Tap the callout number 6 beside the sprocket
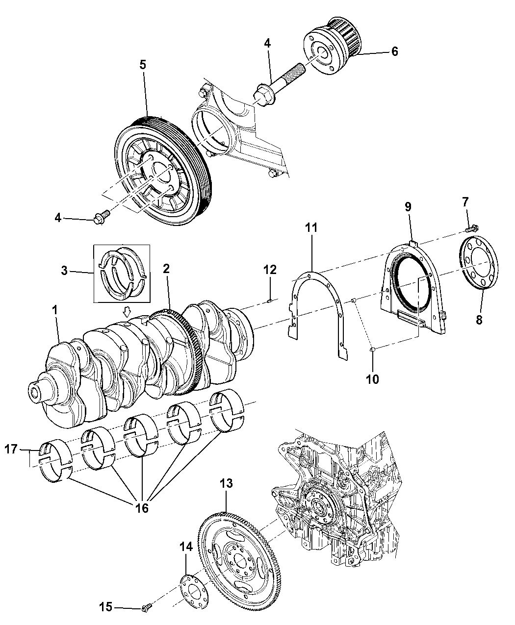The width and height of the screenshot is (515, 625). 394,51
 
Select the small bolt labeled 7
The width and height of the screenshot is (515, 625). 472,228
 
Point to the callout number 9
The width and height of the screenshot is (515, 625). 408,207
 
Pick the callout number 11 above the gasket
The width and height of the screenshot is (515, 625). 311,228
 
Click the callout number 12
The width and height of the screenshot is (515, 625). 270,270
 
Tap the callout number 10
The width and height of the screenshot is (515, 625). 373,379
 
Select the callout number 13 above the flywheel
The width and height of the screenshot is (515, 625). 226,483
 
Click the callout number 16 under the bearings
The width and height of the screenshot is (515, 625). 141,508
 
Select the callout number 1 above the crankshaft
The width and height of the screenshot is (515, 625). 55,310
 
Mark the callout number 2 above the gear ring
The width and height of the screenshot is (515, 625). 167,268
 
